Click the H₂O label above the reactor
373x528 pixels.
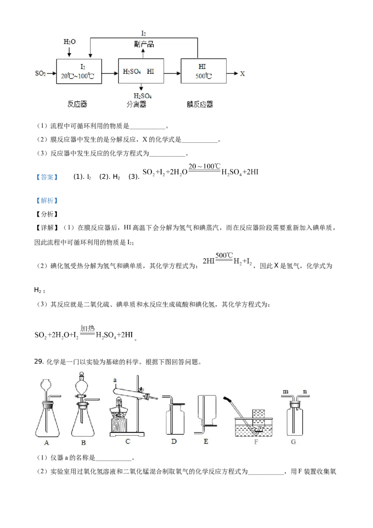[x=69, y=42]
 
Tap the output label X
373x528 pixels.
[x=242, y=74]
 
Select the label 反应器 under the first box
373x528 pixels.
[x=77, y=104]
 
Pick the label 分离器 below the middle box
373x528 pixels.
[x=136, y=104]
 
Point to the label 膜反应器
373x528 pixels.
[x=200, y=104]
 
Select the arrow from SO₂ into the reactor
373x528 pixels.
[x=51, y=73]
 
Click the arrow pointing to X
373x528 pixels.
[x=232, y=73]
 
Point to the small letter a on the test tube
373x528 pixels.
[x=113, y=380]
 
